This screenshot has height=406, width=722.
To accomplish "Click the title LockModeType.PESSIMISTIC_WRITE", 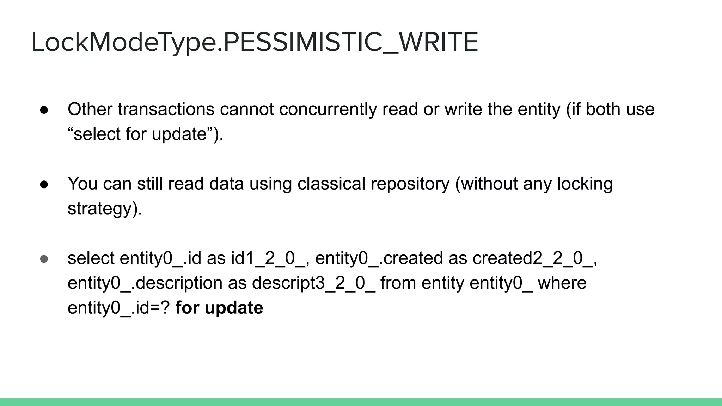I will click(x=255, y=42).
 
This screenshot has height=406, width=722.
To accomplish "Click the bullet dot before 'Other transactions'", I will click(x=44, y=110).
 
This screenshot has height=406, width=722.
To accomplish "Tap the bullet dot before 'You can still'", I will click(x=44, y=184).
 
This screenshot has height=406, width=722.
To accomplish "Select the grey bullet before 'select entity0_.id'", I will click(x=44, y=259).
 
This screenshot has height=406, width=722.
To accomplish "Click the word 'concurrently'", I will click(x=328, y=109).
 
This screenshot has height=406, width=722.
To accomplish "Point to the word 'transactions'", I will click(x=166, y=109).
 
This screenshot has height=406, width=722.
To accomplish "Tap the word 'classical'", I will click(x=331, y=184).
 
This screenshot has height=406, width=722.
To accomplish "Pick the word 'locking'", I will click(x=585, y=184).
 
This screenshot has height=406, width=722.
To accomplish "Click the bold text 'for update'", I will click(x=219, y=308).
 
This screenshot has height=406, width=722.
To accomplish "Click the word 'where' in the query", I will click(x=562, y=283).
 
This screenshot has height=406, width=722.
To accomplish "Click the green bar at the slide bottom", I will click(x=361, y=402).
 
